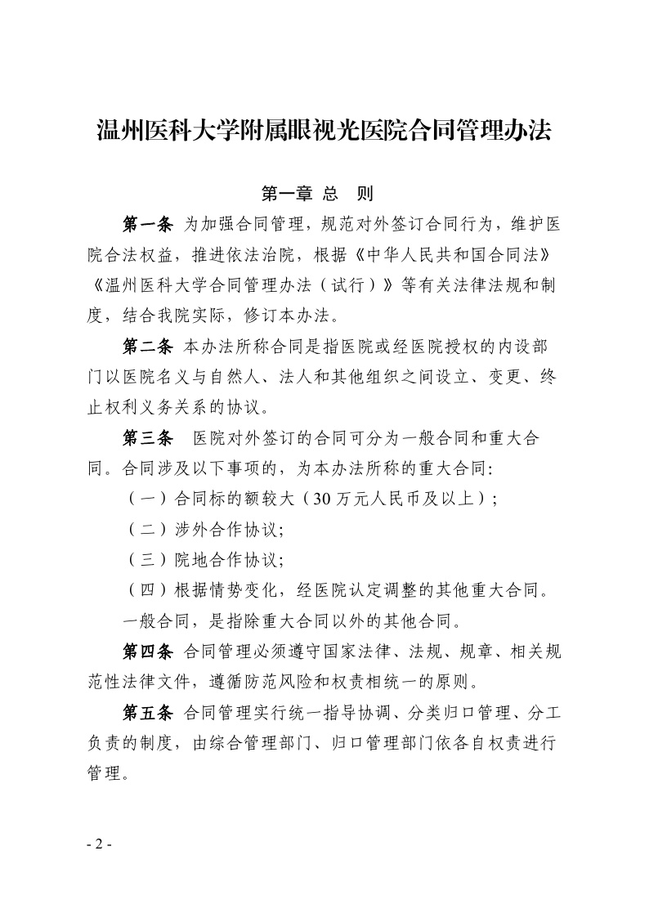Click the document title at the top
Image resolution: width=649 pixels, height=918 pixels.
pos(324,131)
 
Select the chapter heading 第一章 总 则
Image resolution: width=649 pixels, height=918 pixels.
pos(317,194)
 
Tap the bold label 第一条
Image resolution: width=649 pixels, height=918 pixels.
pos(147,223)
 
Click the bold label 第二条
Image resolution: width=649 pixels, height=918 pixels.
pos(147,346)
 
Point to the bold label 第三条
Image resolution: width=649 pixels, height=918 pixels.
pos(147,438)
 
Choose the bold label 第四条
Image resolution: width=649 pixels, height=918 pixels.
pos(147,652)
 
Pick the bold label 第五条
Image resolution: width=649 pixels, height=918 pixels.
pos(147,713)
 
